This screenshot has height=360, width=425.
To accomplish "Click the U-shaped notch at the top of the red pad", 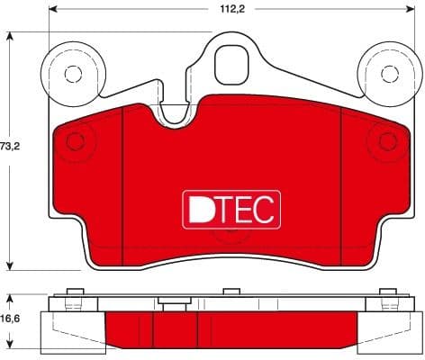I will [176, 113].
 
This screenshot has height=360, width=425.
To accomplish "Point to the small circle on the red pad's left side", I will [76, 140].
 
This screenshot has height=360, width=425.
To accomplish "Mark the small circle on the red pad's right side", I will [388, 141].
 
